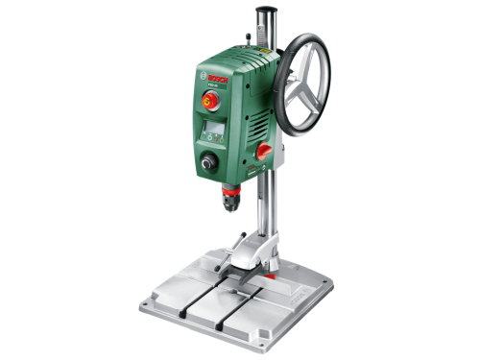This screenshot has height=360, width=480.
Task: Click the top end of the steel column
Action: pos(263,11)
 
